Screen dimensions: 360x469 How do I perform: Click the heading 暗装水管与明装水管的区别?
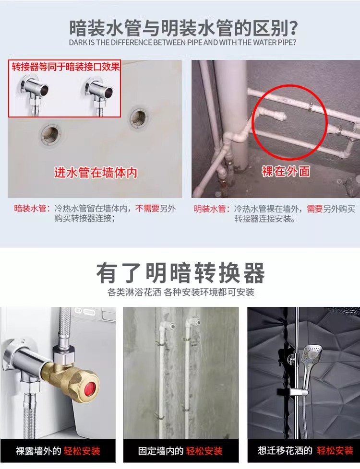(x=183, y=28)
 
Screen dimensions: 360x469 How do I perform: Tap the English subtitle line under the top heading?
(x=182, y=43)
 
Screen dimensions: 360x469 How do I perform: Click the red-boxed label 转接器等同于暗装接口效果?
(x=65, y=67)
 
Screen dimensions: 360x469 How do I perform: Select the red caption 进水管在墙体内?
(x=96, y=173)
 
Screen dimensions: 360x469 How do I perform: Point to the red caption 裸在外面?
(x=286, y=171)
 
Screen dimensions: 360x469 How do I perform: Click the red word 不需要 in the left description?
(x=147, y=209)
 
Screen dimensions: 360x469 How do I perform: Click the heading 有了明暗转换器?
(x=180, y=273)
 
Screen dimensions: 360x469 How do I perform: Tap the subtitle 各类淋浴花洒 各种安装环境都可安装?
(x=180, y=292)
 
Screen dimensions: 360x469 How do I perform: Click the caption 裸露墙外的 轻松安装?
(x=58, y=451)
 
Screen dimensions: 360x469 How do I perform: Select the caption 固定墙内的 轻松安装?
(x=180, y=451)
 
